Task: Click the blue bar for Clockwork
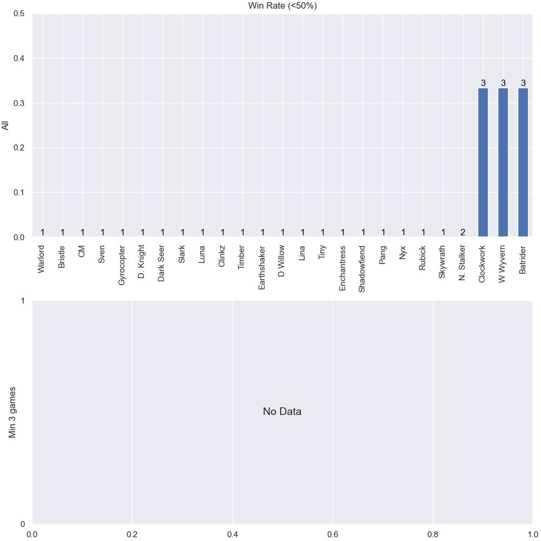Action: [483, 162]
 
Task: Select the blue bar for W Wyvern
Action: [503, 162]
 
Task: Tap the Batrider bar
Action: [523, 162]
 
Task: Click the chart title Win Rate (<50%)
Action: [282, 5]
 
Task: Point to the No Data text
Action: [282, 411]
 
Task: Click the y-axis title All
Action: [5, 126]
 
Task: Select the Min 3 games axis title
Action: [12, 412]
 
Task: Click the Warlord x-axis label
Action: [42, 259]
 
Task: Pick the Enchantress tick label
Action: [342, 268]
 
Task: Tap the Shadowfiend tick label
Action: [362, 269]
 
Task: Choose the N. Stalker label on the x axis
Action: [463, 263]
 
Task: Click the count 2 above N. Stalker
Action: [463, 233]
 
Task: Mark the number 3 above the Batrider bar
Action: [523, 83]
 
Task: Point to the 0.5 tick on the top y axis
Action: [19, 14]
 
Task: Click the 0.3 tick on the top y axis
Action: [19, 103]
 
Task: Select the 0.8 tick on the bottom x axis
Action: [433, 535]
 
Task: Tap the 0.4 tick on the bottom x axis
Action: [233, 535]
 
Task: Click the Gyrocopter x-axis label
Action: [122, 265]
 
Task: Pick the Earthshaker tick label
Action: [262, 268]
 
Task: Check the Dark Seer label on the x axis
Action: [162, 263]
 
